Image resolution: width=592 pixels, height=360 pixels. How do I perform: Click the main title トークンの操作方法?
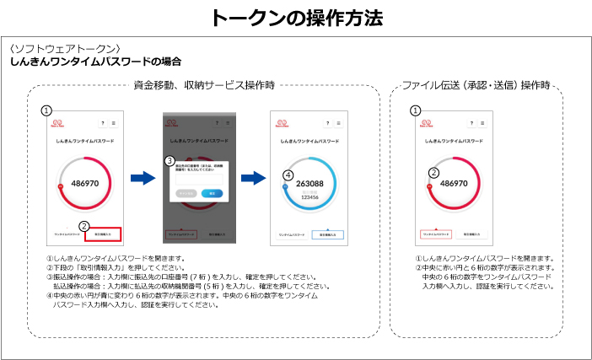tap(295, 17)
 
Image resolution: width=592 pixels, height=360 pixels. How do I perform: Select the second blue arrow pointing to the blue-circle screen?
tap(252, 178)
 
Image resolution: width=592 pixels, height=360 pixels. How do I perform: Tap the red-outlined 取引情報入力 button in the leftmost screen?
tap(103, 234)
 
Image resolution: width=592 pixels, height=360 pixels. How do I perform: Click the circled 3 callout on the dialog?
tap(170, 161)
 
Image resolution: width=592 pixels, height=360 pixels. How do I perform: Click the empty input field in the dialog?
tap(197, 178)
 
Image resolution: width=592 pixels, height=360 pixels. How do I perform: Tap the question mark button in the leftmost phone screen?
tap(103, 123)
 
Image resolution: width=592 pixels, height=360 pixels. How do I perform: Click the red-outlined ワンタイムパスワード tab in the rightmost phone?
tap(434, 234)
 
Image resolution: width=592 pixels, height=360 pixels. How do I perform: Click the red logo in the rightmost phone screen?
tap(427, 123)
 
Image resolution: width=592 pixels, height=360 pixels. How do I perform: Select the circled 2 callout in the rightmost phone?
tap(433, 173)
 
